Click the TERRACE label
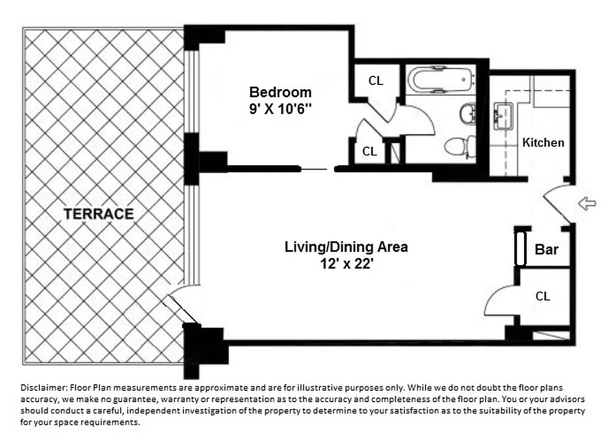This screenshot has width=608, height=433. point(99,214)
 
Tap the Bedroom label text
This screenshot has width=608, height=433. point(280,91)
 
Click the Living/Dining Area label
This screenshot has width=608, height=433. point(346,247)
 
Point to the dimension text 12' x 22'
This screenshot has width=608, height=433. point(346,264)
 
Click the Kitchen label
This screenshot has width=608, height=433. point(543,142)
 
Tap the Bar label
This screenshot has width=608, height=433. point(546,250)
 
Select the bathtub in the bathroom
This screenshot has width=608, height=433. point(440,80)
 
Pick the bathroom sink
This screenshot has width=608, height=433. point(467,114)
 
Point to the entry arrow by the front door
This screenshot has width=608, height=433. point(587,204)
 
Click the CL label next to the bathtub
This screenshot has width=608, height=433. point(376,81)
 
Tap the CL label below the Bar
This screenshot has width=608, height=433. point(542,296)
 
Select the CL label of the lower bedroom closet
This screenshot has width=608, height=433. point(370,152)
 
